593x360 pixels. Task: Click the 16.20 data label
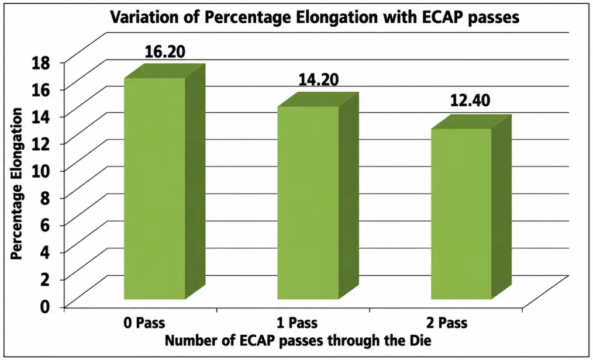(165, 52)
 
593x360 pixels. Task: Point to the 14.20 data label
(319, 79)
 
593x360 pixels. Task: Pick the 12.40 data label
(470, 101)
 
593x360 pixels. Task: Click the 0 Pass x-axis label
(144, 323)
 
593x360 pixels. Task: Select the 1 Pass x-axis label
(297, 323)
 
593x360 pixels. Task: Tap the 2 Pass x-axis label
(447, 323)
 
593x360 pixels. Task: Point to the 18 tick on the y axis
(40, 63)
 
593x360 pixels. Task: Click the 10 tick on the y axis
(40, 171)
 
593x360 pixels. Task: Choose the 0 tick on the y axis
(45, 306)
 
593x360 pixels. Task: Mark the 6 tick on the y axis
(45, 226)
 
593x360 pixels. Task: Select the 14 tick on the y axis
(40, 117)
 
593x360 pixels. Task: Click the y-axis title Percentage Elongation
(16, 184)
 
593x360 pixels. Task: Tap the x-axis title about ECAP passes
(298, 341)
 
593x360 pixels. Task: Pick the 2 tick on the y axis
(45, 279)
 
